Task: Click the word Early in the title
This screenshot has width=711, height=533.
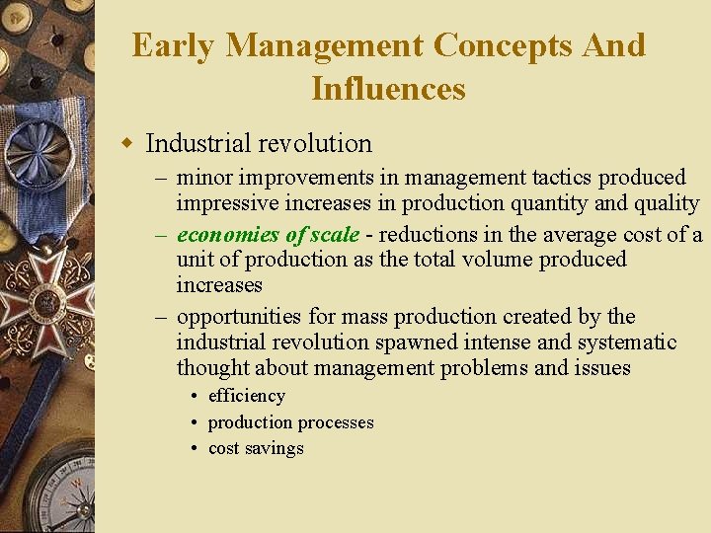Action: pyautogui.click(x=172, y=46)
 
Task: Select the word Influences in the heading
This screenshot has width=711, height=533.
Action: pyautogui.click(x=388, y=89)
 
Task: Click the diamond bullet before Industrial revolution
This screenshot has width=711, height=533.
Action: pyautogui.click(x=126, y=144)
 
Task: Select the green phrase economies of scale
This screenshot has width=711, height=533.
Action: pyautogui.click(x=268, y=235)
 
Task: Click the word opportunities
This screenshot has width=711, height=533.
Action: pyautogui.click(x=238, y=317)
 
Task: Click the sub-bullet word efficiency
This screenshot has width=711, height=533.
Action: pyautogui.click(x=246, y=396)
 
